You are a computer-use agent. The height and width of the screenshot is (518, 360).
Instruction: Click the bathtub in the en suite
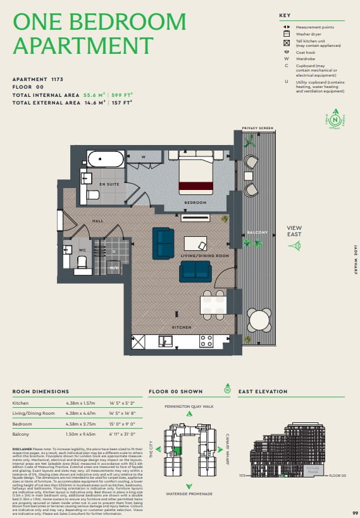coord(106,158)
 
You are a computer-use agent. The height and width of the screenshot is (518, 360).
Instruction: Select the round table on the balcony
coord(259,320)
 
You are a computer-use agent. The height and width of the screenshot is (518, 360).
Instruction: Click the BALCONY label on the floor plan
coord(257,232)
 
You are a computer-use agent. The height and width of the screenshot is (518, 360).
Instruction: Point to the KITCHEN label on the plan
coord(182,326)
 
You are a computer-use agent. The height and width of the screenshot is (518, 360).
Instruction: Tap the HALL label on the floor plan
coord(97,221)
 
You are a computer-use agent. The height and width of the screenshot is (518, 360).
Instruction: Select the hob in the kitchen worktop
coord(206,342)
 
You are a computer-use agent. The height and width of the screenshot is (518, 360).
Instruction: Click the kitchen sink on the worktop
coord(166,342)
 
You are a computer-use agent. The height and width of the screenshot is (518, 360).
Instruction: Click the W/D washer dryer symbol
coord(115,268)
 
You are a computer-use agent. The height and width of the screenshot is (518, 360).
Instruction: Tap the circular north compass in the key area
coord(334,118)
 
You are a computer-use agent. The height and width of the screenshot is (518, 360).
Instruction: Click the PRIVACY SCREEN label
coord(258,128)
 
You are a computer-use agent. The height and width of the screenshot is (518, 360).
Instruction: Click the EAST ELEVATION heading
coord(263,391)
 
